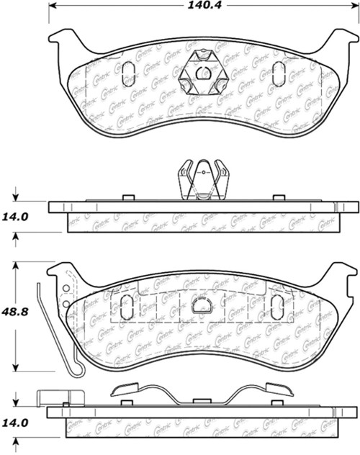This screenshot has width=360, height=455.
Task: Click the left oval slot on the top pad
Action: (x=130, y=73)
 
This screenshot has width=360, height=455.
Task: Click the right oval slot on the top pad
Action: (x=279, y=73)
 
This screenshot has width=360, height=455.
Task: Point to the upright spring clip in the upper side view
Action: (x=202, y=181)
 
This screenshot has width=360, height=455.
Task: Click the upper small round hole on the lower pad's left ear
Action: (x=66, y=289)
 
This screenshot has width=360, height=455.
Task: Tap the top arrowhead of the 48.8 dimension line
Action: (x=17, y=265)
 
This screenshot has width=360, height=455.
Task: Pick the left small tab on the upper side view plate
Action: (x=128, y=197)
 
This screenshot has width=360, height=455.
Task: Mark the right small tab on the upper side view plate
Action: (x=277, y=197)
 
